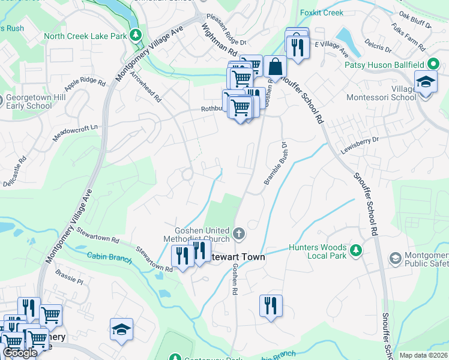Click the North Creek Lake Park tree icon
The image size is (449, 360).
click(x=136, y=36)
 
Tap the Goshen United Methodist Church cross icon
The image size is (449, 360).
click(x=239, y=233)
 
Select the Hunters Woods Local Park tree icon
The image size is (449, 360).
click(x=356, y=250)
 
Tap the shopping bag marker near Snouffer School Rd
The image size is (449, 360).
click(x=275, y=67)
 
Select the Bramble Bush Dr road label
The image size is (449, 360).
click(x=275, y=163)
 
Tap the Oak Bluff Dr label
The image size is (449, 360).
click(x=415, y=23)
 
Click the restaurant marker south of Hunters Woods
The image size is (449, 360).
click(x=271, y=305)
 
